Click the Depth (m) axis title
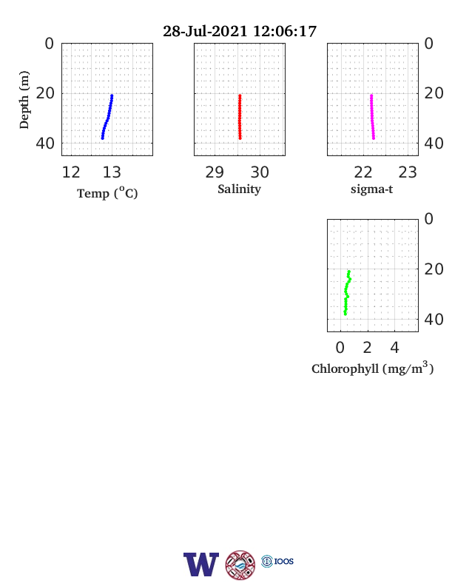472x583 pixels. [x=24, y=100]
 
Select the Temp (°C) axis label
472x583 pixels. [x=107, y=193]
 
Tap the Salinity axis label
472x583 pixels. [x=239, y=189]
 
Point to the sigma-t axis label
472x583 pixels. [x=371, y=189]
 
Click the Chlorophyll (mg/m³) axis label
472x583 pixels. [x=372, y=368]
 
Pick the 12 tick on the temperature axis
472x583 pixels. [x=70, y=172]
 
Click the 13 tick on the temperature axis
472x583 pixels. [x=112, y=172]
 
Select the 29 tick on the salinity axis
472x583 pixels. [x=215, y=172]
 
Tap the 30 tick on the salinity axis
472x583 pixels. [x=260, y=172]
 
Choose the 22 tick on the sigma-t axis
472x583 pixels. [x=363, y=172]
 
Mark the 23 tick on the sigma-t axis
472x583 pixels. [x=408, y=172]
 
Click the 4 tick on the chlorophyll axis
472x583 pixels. [x=395, y=348]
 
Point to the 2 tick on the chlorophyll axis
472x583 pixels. [x=367, y=348]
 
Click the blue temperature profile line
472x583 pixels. [x=108, y=117]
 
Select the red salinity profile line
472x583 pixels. [x=240, y=117]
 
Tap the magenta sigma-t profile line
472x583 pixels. [x=372, y=117]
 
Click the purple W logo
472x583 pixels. [x=201, y=565]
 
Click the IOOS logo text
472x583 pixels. [x=284, y=562]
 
